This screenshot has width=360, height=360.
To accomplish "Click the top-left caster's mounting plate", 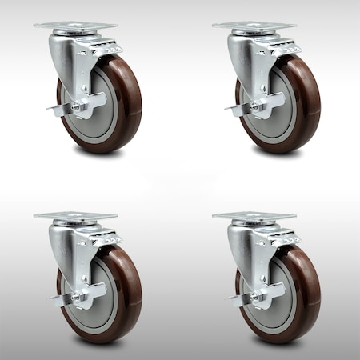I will tap(75, 26).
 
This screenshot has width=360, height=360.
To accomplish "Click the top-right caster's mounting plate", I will tap(254, 26).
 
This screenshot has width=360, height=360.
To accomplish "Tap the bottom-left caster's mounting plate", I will tap(75, 217).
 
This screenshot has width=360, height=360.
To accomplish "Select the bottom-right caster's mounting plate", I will tap(254, 217).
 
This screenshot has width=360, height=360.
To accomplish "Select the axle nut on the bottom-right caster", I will tap(254, 296).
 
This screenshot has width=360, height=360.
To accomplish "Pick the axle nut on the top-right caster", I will tap(254, 106).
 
